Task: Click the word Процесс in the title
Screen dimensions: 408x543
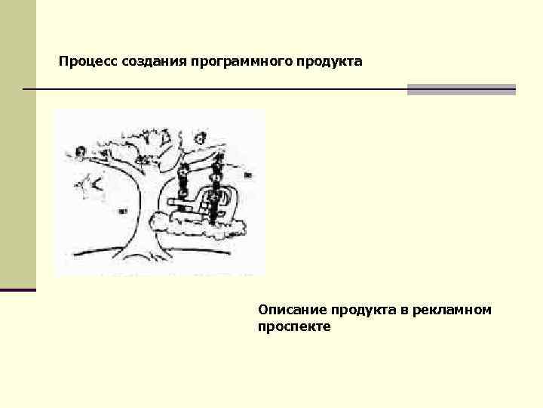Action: click(x=82, y=60)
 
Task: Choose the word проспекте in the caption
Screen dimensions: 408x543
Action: click(x=293, y=327)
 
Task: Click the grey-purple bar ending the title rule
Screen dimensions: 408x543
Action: click(x=461, y=89)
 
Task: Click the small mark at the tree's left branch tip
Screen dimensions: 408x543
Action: click(x=80, y=152)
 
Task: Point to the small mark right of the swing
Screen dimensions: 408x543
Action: click(x=247, y=175)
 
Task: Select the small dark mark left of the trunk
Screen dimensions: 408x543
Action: click(x=121, y=211)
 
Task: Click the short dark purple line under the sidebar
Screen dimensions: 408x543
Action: click(x=18, y=290)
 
